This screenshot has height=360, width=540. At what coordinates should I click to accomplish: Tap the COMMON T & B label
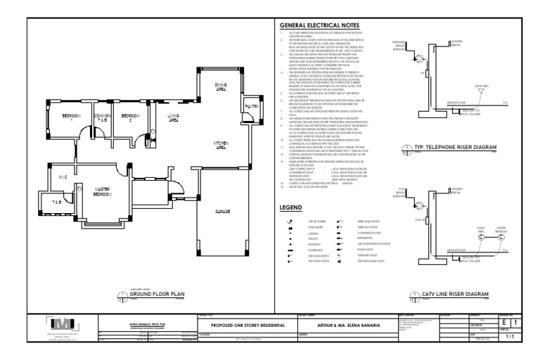pyautogui.click(x=102, y=117)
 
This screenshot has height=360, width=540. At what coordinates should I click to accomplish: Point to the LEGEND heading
pyautogui.click(x=291, y=209)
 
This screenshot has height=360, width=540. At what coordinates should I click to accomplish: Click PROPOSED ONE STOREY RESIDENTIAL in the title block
pyautogui.click(x=244, y=326)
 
